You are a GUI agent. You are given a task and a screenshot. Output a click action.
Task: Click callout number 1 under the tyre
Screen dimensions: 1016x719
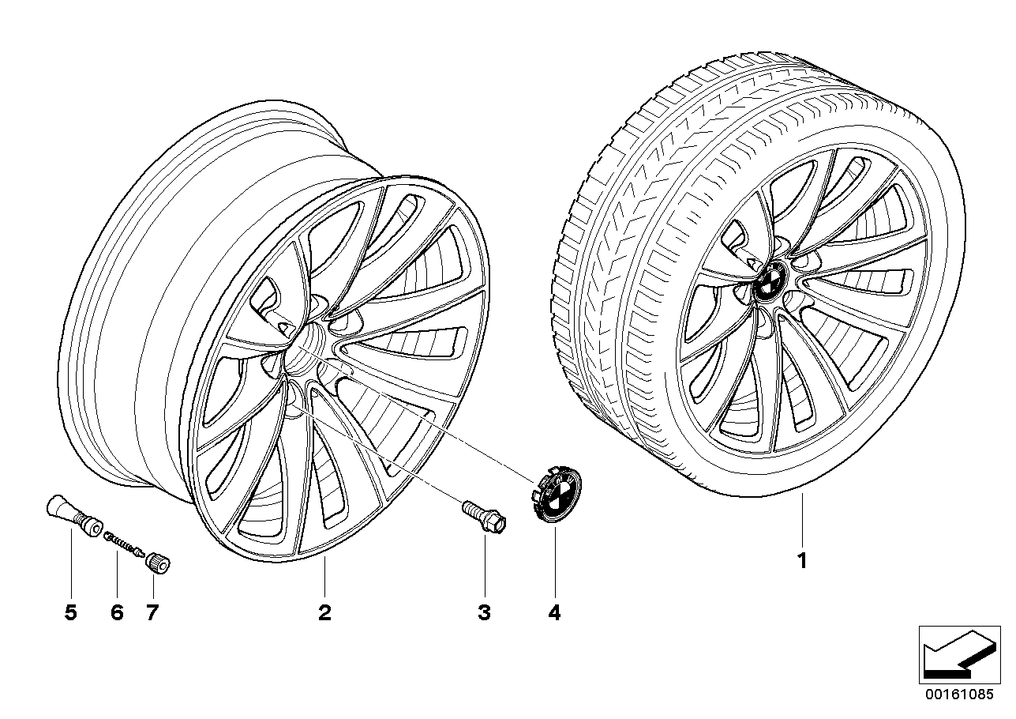(802, 561)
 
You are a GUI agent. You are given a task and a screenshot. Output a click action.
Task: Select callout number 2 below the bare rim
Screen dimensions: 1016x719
(324, 613)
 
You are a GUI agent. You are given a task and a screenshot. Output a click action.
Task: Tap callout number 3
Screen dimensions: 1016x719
(485, 613)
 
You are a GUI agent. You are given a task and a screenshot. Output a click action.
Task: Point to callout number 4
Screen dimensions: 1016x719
(554, 613)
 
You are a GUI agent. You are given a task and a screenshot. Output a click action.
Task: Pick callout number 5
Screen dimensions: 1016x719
(71, 613)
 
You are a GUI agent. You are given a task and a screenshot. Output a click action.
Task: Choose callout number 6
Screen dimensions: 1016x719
(117, 613)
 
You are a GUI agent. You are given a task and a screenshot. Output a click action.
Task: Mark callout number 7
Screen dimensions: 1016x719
(152, 613)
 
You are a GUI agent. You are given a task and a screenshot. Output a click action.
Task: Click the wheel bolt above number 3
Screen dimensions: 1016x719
(483, 518)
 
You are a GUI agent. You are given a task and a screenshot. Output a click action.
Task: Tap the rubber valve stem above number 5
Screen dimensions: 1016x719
(74, 516)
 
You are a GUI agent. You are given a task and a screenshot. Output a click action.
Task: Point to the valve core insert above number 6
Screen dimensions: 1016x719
(124, 544)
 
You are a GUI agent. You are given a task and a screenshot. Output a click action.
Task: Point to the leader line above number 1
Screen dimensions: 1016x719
(802, 520)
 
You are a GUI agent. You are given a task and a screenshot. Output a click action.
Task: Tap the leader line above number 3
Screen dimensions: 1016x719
(485, 566)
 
